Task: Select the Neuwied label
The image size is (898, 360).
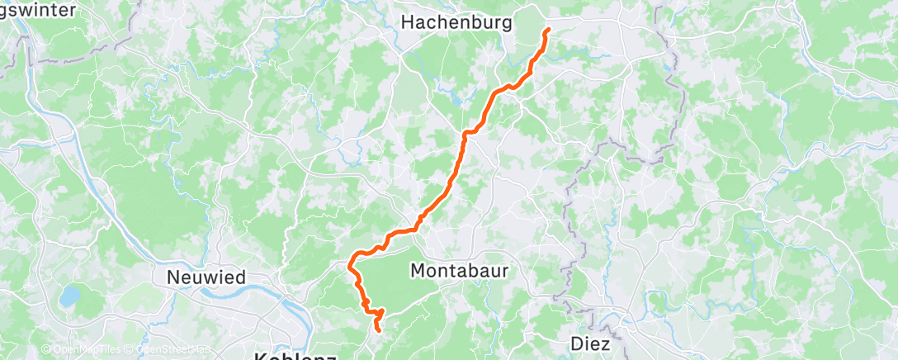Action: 206,277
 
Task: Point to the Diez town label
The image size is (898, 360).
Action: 591,343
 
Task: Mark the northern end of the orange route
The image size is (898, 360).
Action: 547,31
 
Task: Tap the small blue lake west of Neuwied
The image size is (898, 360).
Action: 72,293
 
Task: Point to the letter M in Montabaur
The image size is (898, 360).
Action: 418,270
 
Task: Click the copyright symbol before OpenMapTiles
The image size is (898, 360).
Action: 46,350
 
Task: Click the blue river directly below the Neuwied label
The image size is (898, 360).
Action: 206,293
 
